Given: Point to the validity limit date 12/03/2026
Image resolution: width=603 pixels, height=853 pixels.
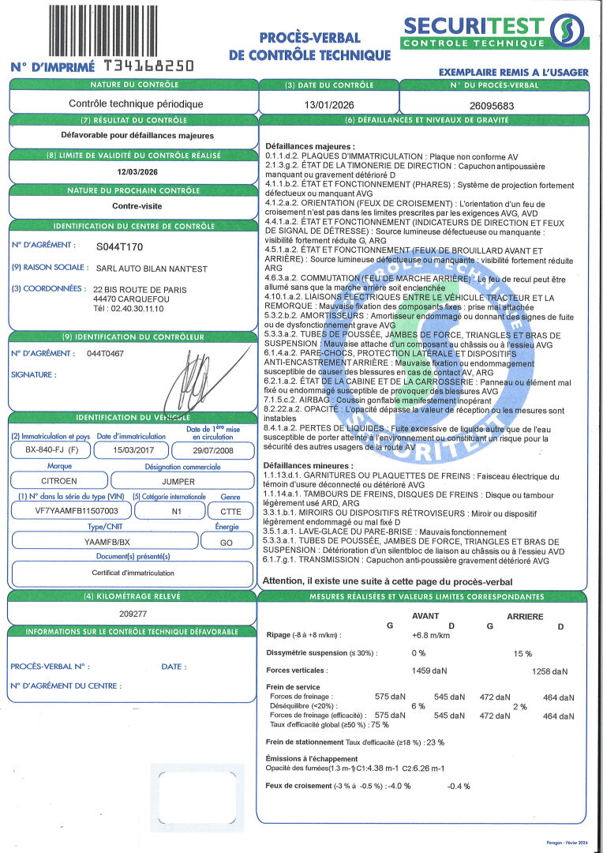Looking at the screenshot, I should (132, 171).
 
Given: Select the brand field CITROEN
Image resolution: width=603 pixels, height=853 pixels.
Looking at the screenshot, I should (58, 480).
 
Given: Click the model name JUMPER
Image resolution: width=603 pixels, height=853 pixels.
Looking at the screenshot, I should (178, 480).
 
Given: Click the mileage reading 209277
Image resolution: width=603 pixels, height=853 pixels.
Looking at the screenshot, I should (132, 613).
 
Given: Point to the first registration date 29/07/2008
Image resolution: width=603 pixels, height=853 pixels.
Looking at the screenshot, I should (207, 450).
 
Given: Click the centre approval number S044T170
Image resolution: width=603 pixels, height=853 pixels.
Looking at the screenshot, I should (120, 246).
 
